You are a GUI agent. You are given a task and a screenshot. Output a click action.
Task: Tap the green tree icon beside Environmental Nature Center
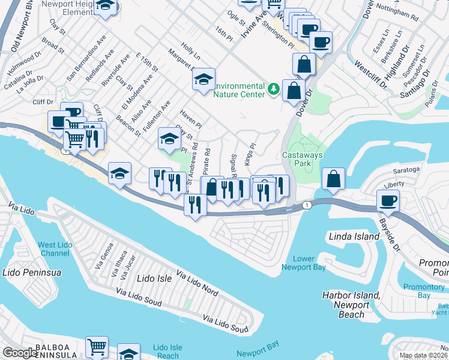coord(274,89)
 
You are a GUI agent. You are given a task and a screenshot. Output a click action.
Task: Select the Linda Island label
coord(354,236)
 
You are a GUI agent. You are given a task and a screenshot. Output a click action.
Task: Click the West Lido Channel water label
coord(55,248)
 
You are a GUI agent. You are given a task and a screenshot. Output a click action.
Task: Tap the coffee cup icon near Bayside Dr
coord(388,200)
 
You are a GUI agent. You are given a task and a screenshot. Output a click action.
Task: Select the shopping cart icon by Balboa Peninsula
coord(97,346)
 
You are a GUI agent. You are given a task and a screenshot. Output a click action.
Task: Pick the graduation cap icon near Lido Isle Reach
coord(128,353)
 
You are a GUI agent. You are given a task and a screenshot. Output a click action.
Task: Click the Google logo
coord(20,353)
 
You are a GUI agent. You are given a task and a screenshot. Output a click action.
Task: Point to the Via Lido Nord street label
coord(197,284)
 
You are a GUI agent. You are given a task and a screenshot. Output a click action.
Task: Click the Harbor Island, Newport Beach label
coord(351,305)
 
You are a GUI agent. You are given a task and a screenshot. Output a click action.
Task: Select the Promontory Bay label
coord(424,291)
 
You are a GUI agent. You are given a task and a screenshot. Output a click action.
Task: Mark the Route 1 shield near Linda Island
coord(307,205)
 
